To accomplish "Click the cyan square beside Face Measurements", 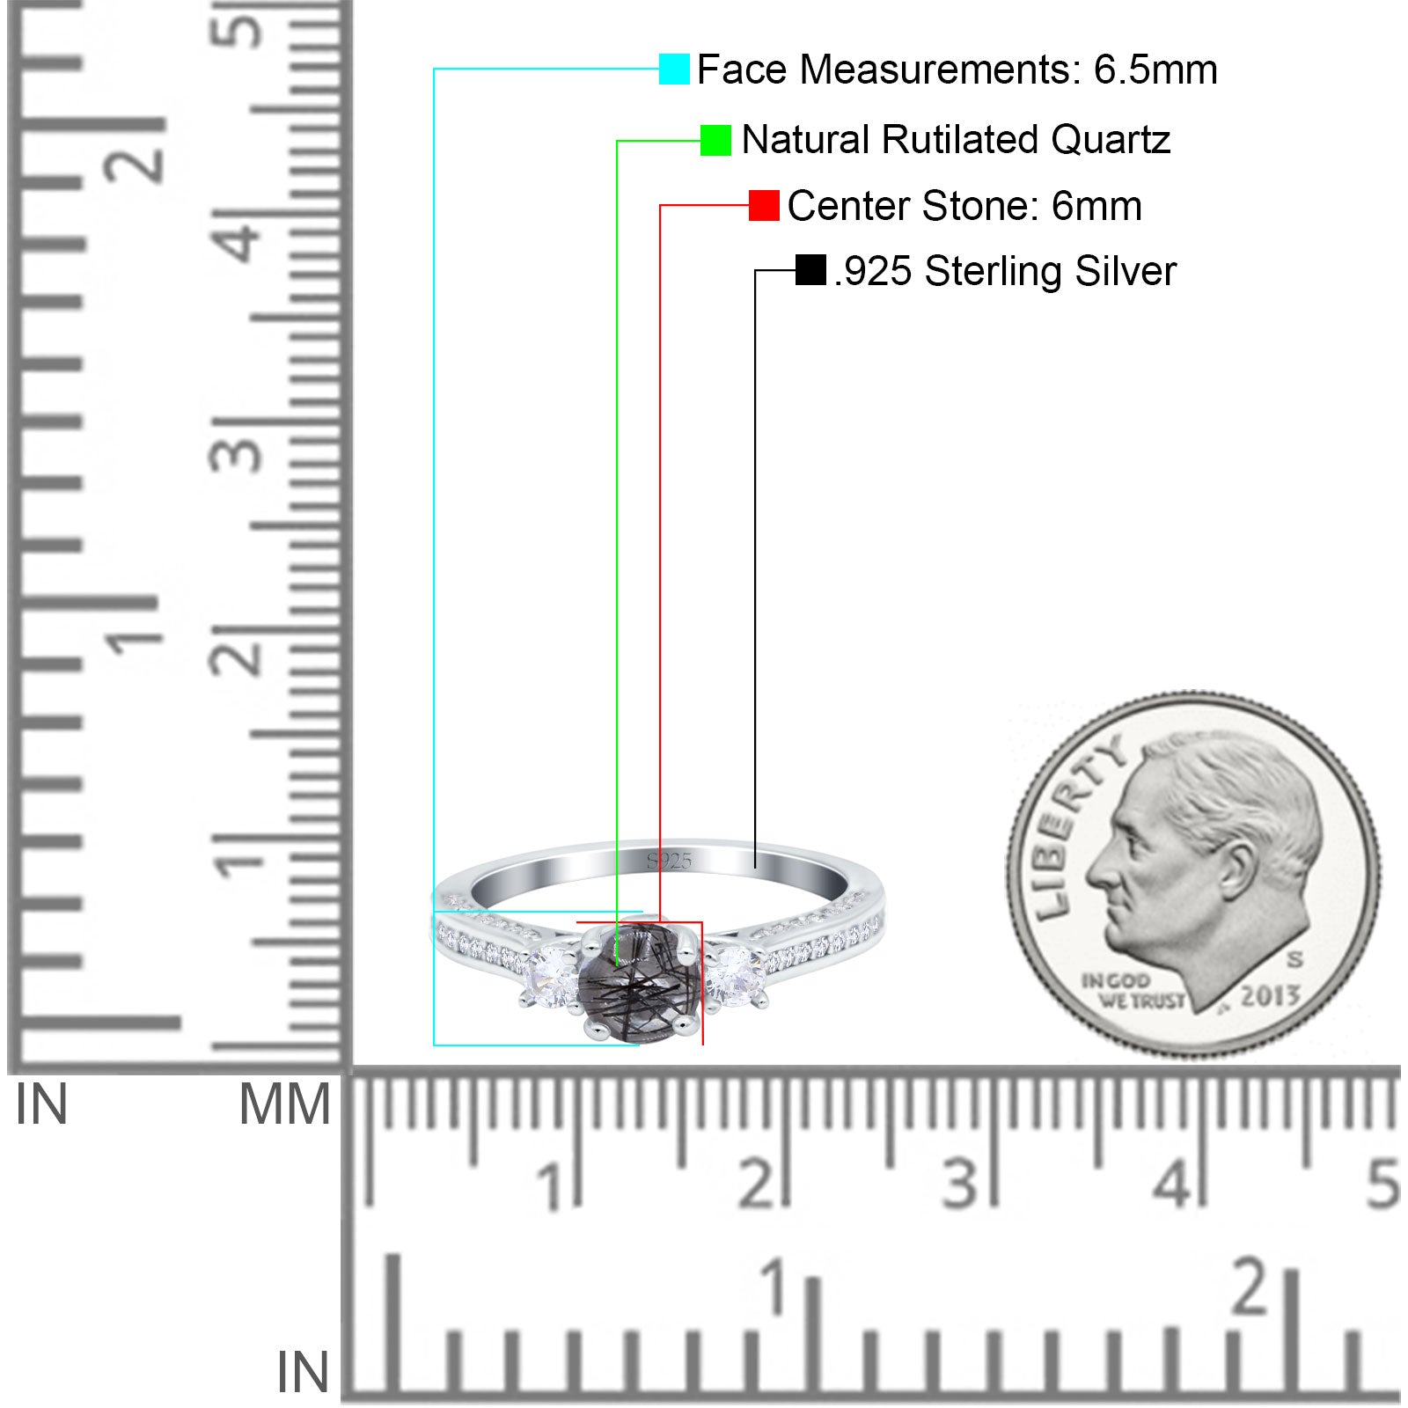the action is coord(674,69).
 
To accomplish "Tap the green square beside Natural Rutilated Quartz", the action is coord(715,140).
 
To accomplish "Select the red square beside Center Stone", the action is coord(764,205).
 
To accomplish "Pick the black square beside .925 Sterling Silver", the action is coord(810,270).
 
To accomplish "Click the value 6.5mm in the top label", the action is coord(1155,70).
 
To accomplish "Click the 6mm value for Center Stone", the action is coord(1096,206).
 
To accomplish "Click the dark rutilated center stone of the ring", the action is coord(640,984).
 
